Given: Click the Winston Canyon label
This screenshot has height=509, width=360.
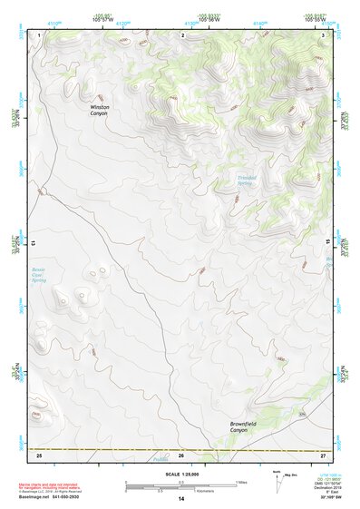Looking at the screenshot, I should [x=99, y=109].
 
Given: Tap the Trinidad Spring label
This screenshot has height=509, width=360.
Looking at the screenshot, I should [x=248, y=181].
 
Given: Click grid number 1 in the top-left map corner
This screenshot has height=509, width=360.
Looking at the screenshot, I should [x=41, y=34].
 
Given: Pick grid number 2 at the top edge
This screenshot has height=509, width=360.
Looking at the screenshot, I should [x=183, y=34].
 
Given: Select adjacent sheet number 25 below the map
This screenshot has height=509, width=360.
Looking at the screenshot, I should [x=40, y=454].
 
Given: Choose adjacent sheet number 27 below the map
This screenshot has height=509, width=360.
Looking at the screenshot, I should [x=323, y=454].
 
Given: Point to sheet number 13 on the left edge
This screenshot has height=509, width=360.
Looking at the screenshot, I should [x=35, y=242].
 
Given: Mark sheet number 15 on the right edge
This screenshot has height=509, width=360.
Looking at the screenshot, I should [x=327, y=242].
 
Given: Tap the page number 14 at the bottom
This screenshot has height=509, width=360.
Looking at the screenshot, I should [x=180, y=499].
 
